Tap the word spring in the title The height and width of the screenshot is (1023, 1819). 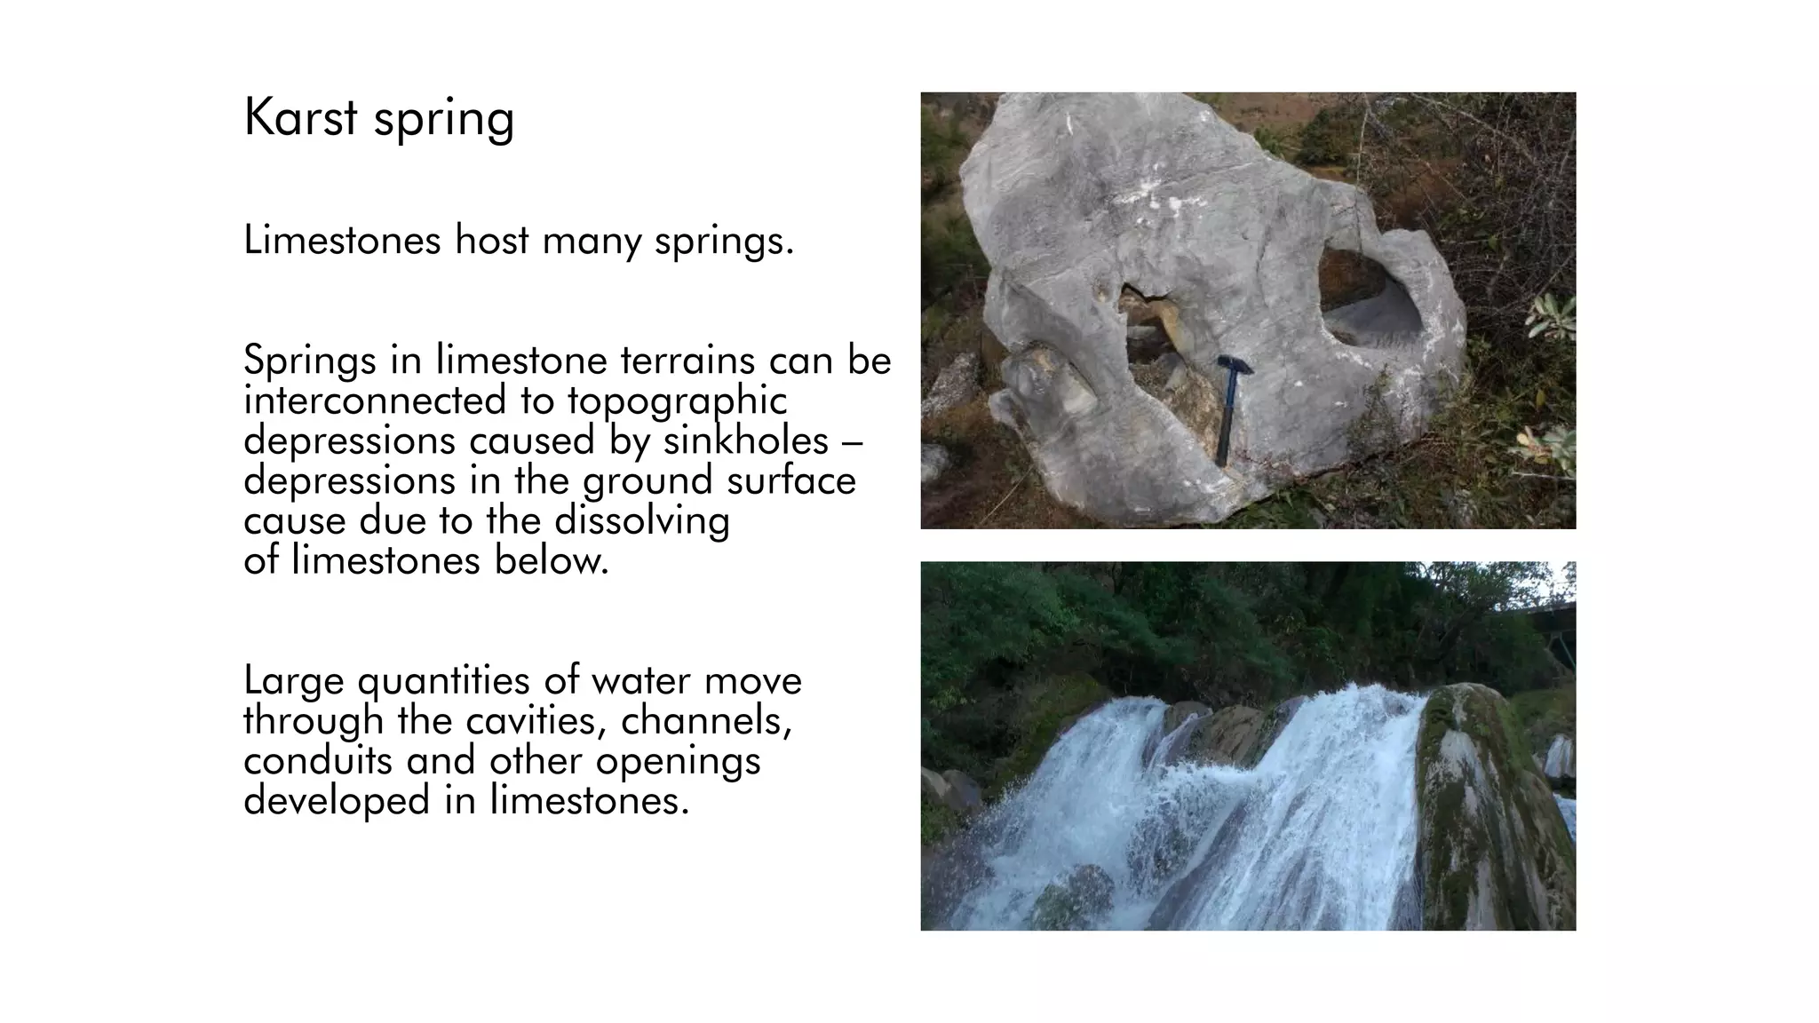(443, 121)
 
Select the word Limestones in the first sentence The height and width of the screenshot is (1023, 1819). (342, 240)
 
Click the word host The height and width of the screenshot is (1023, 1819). (492, 240)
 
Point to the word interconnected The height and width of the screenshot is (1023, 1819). (374, 400)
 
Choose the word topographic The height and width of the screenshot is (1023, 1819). (678, 402)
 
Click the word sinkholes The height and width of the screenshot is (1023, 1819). (746, 440)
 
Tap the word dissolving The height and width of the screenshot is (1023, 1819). (641, 521)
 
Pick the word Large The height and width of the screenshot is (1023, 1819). (293, 682)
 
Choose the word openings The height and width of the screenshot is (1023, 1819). (678, 762)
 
